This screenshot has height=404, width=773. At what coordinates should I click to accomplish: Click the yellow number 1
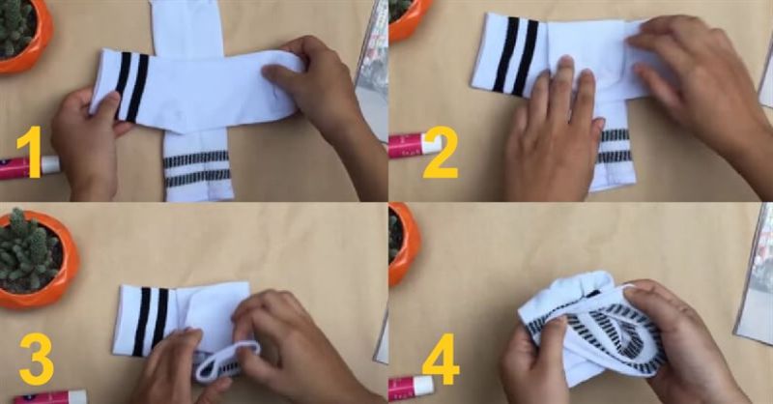coord(31,152)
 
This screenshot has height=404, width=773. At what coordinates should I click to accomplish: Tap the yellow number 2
coord(440,152)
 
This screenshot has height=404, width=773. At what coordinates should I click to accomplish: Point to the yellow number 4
coord(441,359)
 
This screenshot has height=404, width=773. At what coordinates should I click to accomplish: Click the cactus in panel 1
coord(14,27)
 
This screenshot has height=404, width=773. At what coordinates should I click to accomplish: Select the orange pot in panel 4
coord(404,244)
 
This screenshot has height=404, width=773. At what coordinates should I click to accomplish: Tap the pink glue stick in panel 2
coord(415,146)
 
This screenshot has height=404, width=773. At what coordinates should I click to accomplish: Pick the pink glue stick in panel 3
coord(50,397)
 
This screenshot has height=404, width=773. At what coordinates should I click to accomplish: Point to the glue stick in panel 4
coord(411,388)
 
